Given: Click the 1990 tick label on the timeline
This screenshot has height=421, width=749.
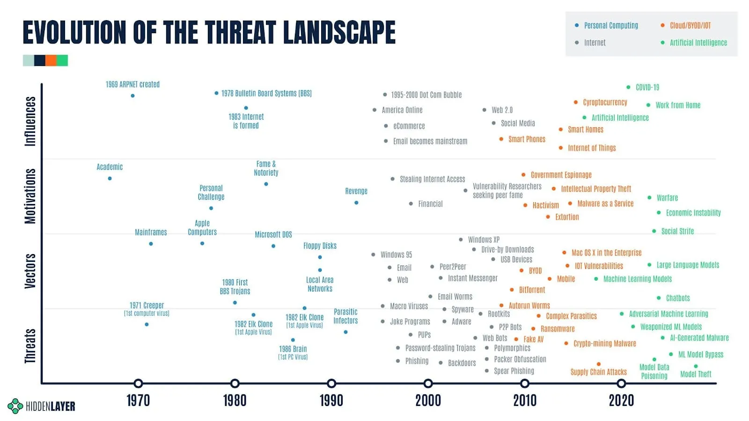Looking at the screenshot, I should [331, 400].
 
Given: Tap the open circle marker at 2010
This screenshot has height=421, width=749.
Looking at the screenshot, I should [525, 384].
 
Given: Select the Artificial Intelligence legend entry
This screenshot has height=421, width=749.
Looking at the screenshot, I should [698, 43].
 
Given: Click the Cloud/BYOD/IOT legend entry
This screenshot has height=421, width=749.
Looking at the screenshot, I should [690, 25].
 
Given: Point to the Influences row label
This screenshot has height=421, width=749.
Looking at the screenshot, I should [30, 121].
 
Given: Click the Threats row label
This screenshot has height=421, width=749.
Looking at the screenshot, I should [30, 346].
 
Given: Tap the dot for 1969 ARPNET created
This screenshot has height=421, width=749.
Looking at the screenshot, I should [133, 96].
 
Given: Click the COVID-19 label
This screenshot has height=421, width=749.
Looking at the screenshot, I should [647, 87].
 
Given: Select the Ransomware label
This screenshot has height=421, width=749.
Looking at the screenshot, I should [557, 329].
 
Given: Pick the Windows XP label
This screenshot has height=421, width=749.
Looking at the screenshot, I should [484, 240].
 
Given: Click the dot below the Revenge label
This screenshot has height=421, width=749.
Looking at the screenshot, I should [356, 203].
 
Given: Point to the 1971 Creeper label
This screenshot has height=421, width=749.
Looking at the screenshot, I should [147, 305].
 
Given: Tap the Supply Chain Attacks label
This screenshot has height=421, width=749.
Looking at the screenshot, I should [598, 372].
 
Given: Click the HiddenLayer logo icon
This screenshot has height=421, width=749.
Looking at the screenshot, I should [15, 406].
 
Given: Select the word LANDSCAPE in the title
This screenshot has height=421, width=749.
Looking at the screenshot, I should [339, 32].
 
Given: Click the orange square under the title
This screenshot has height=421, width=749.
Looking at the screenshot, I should [51, 60].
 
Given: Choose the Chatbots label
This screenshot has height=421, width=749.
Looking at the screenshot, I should [677, 298].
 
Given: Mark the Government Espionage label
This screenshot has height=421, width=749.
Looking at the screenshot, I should [561, 175].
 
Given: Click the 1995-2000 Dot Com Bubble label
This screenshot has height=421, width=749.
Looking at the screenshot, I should [426, 95].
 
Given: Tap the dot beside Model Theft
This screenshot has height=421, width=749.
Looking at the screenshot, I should [696, 366].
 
